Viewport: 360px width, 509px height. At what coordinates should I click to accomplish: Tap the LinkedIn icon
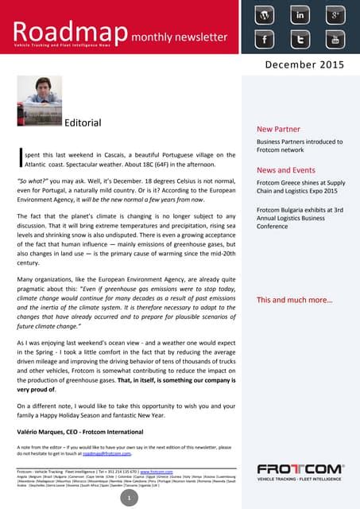point(300,15)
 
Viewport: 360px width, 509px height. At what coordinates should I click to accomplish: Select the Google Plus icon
point(335,15)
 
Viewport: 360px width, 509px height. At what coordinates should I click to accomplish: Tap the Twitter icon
point(300,39)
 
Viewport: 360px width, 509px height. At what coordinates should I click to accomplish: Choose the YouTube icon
point(335,39)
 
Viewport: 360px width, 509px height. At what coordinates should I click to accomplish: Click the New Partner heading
point(277,128)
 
